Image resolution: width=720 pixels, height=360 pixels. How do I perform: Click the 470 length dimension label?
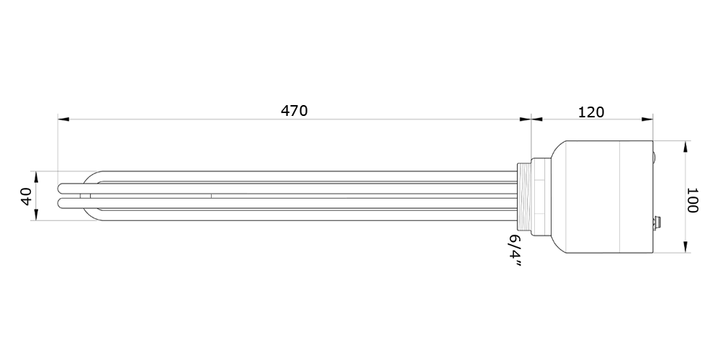click(294, 111)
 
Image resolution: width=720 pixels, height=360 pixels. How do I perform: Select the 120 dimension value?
click(591, 112)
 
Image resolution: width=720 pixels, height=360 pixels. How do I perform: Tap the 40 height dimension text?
click(27, 196)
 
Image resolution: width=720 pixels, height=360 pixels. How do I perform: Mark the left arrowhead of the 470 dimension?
click(63, 120)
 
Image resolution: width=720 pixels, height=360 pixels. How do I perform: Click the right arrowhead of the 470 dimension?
click(526, 120)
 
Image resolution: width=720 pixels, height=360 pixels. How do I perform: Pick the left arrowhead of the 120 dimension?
click(537, 120)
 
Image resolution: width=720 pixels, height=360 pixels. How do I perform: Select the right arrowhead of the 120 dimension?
click(647, 120)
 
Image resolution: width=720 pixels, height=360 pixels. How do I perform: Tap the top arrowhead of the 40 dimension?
click(36, 177)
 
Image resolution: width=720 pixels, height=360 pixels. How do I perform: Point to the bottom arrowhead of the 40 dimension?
click(36, 215)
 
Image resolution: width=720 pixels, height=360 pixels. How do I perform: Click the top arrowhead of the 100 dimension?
click(685, 146)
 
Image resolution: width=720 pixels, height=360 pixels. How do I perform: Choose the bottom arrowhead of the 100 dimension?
click(685, 247)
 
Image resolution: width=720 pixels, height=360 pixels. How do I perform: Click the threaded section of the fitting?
click(524, 197)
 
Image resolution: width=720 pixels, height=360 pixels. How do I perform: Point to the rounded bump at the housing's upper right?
click(654, 156)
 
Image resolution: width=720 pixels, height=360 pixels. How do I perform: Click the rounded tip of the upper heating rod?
click(62, 188)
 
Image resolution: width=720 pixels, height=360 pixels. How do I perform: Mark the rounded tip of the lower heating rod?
click(62, 204)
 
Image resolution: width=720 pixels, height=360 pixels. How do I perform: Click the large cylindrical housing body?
click(601, 197)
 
